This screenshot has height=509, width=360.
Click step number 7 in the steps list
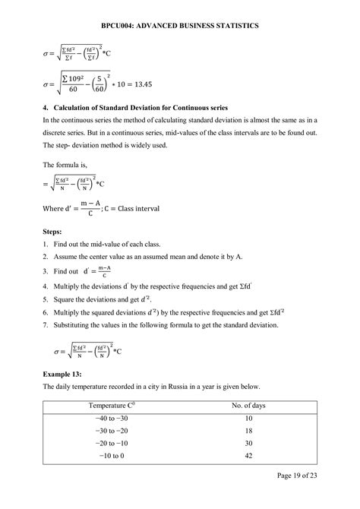46,324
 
